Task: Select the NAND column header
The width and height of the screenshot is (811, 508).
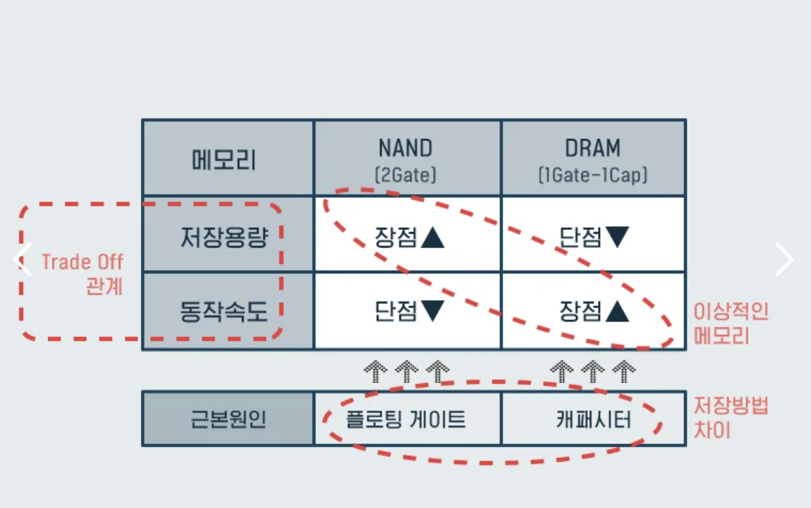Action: [405, 148]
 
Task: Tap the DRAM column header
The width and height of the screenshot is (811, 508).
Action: [593, 148]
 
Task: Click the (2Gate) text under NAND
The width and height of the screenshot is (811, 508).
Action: [405, 176]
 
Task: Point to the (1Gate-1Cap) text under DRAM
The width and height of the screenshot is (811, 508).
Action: [593, 176]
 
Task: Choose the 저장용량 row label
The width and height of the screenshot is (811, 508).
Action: [224, 237]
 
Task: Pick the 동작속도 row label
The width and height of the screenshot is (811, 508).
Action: [224, 310]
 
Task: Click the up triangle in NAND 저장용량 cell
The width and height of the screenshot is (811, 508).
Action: [432, 237]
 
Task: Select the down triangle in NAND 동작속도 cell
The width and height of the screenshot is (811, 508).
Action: [432, 311]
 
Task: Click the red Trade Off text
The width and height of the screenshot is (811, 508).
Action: [82, 261]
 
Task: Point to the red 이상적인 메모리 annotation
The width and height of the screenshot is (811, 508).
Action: [731, 323]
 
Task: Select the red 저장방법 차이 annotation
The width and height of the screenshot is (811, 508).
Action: [731, 417]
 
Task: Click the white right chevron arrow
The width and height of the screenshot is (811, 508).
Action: [784, 259]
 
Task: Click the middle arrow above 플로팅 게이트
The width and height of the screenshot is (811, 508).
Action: [406, 370]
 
